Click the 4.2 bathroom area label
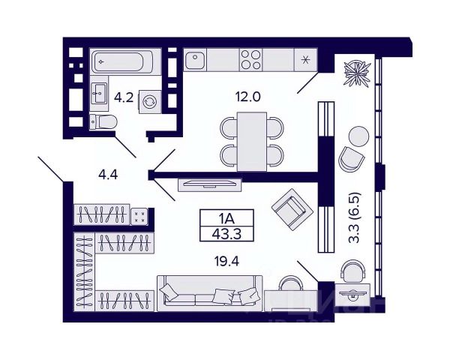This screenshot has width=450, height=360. coord(124,97)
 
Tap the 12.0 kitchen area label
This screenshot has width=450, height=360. coord(245,97)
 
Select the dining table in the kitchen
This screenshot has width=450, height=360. coord(252,139)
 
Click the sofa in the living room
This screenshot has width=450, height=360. coord(209,292)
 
